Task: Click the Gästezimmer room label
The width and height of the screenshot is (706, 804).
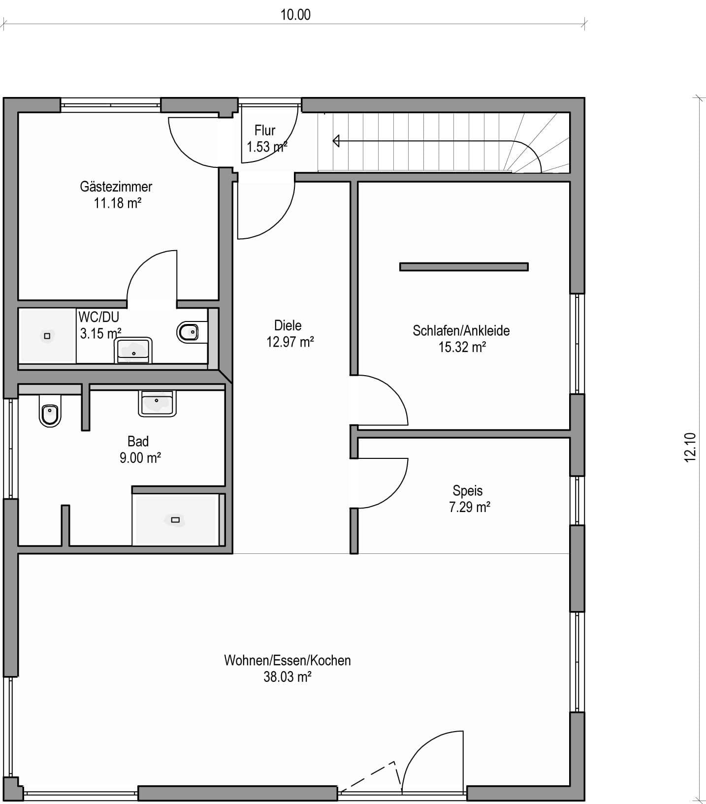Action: (116, 187)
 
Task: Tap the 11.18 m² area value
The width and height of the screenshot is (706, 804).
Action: (118, 203)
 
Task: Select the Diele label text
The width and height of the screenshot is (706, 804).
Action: (288, 325)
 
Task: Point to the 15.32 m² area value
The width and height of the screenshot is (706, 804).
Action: (462, 347)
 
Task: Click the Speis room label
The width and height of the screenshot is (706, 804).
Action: (468, 491)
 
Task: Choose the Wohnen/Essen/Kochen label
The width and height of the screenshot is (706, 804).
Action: (288, 660)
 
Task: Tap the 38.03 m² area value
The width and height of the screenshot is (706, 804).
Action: (288, 677)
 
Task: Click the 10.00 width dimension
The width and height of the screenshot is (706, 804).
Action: (295, 15)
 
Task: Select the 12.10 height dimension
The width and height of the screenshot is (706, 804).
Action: (690, 447)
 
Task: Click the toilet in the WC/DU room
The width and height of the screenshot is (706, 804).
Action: (188, 332)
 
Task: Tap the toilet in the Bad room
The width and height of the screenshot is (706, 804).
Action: (50, 413)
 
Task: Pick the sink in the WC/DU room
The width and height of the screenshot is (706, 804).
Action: (133, 350)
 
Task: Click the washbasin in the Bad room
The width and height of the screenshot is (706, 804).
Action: (157, 403)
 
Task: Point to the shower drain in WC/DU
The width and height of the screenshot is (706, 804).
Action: (47, 336)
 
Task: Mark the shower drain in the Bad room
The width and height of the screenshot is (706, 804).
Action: (175, 520)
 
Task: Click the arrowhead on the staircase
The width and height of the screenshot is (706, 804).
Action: (336, 141)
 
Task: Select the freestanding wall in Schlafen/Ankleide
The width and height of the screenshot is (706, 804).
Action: (464, 267)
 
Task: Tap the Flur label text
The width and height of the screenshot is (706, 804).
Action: (265, 130)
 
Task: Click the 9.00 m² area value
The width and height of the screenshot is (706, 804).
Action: (140, 458)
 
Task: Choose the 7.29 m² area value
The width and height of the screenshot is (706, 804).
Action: (470, 507)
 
